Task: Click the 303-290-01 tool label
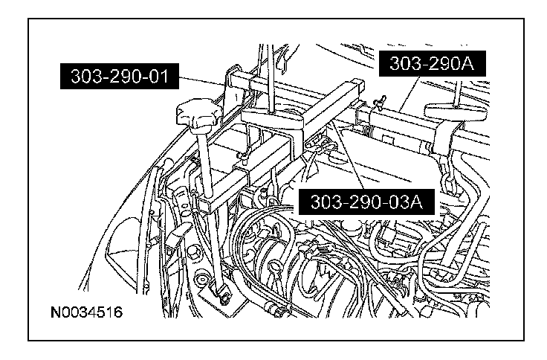coord(120,76)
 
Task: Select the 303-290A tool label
coord(433,63)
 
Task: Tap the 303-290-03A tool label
coord(366,202)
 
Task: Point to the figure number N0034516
coord(86,312)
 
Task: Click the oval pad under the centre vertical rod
coord(272,120)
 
